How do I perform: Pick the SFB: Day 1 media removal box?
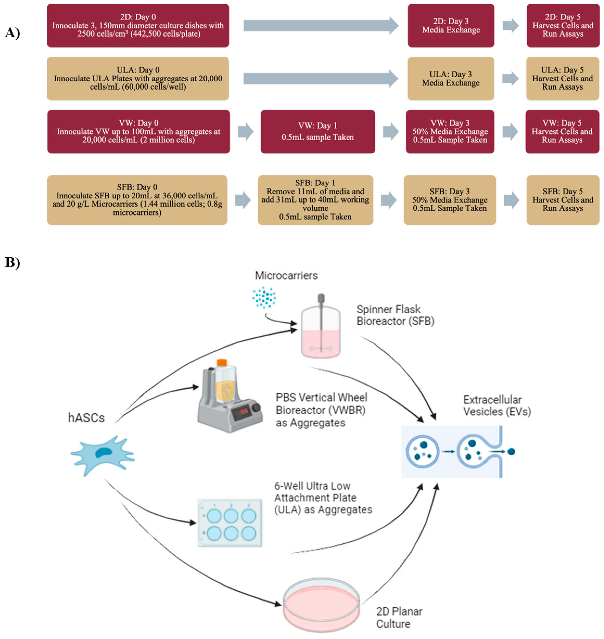(315, 200)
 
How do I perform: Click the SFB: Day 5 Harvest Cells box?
(563, 200)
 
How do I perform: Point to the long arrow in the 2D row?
(320, 25)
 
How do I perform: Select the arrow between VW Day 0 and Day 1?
(245, 132)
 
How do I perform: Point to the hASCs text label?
(86, 418)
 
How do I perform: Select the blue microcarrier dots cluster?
(264, 297)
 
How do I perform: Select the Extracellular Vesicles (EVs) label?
(497, 406)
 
